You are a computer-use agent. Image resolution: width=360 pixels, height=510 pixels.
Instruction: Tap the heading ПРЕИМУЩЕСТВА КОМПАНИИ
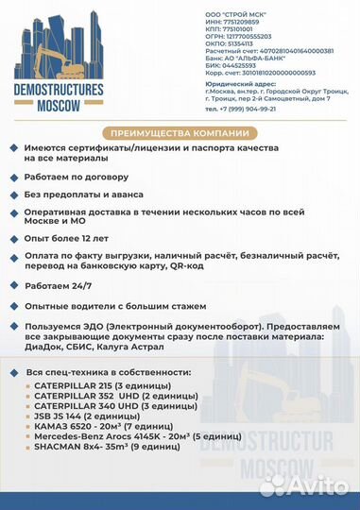[x=179, y=133]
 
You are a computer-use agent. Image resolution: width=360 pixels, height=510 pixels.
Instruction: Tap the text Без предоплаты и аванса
[x=84, y=196]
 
